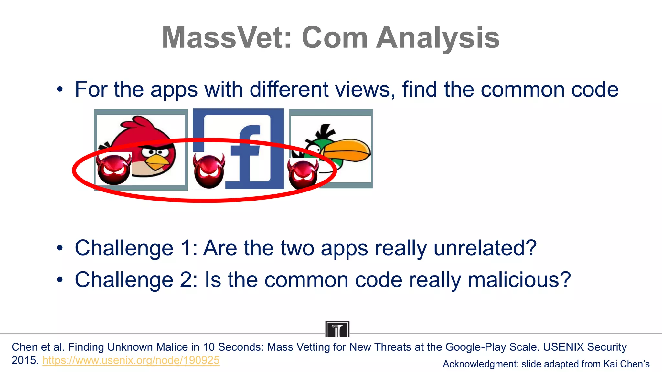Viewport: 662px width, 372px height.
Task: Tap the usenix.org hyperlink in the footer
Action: [131, 360]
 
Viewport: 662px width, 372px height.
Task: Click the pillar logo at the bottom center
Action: [337, 329]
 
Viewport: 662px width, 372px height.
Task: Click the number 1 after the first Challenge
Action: [187, 248]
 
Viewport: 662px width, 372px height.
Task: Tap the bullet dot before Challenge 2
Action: [59, 280]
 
